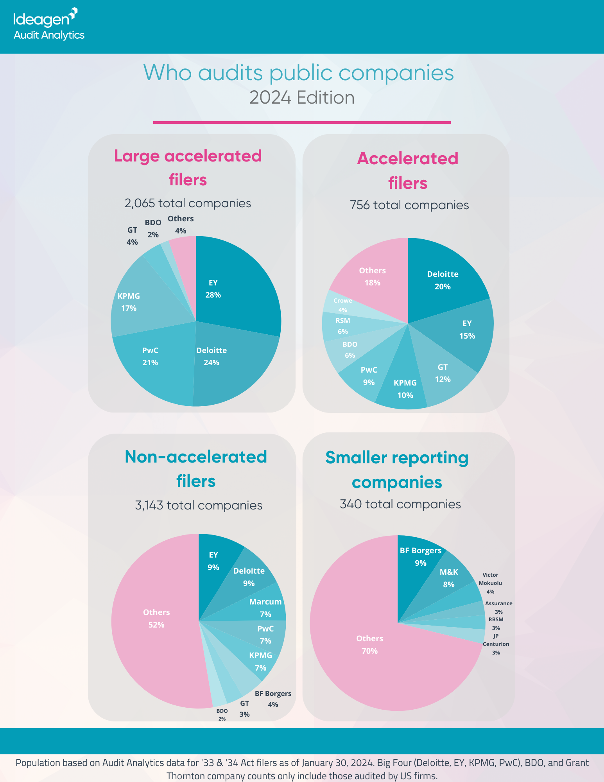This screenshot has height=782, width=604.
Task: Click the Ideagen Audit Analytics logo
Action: [48, 25]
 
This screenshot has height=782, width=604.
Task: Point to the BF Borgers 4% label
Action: [273, 699]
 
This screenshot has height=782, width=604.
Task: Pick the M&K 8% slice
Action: [449, 578]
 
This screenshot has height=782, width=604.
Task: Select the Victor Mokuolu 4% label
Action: [490, 583]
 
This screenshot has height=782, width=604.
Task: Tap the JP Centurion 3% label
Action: [496, 644]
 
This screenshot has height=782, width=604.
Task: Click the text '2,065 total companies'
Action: [188, 203]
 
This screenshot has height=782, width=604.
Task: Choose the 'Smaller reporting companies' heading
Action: [397, 470]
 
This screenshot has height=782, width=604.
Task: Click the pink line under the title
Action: [302, 122]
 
